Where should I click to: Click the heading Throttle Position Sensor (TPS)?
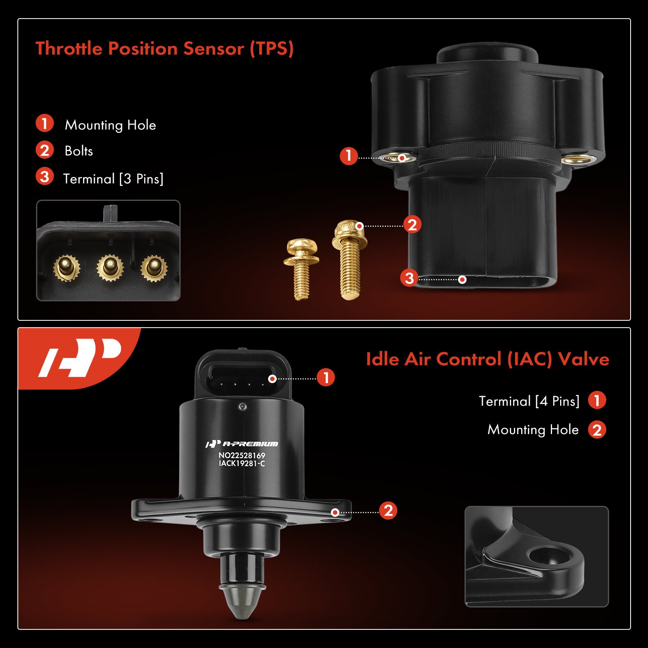[164, 49]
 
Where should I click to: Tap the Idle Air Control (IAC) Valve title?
[487, 359]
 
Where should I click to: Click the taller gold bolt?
[350, 259]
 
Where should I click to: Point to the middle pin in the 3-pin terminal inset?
[109, 267]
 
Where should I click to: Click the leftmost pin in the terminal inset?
[66, 268]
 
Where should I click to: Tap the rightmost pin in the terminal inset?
[153, 268]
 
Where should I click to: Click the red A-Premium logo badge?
[79, 358]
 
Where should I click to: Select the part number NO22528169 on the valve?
[242, 455]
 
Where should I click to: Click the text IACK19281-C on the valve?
[242, 464]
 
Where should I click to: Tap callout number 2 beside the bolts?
[412, 225]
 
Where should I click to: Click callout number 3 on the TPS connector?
[409, 278]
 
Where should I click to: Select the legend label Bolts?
[79, 151]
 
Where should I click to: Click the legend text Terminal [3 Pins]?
[113, 179]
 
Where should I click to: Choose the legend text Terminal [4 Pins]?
[529, 401]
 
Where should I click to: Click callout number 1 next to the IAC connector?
[326, 377]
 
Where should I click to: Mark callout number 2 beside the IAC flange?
[388, 511]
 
